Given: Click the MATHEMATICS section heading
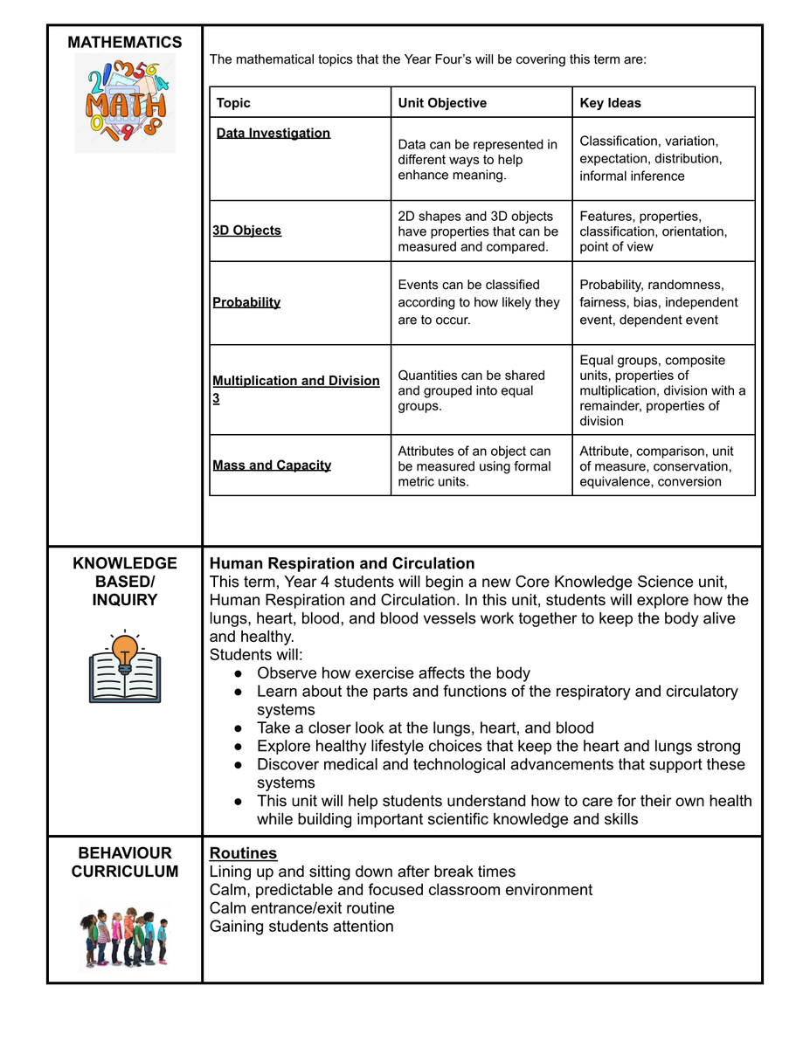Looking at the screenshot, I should [125, 42].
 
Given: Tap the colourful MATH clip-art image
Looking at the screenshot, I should [125, 103].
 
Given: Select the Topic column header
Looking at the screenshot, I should [233, 103].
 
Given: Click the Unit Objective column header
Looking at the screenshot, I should [442, 103].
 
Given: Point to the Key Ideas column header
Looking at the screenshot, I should [610, 103].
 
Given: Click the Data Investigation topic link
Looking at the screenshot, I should [273, 133].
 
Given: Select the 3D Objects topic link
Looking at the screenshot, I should [247, 231].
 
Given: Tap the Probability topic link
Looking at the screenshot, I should [246, 302].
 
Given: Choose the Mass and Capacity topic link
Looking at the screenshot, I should [272, 465].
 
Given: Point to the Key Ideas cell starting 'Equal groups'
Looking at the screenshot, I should [662, 390].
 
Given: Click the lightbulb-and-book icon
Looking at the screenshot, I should [125, 667].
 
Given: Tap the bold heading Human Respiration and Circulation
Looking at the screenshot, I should [343, 563].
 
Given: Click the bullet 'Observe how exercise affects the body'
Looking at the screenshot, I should [393, 673].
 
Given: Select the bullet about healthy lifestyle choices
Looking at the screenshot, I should [498, 747].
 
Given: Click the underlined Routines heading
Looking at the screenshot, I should [243, 853].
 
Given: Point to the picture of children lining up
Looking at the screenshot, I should [124, 936].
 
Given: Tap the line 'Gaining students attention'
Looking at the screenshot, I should [301, 927].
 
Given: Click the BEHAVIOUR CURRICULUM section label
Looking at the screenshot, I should [125, 862].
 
